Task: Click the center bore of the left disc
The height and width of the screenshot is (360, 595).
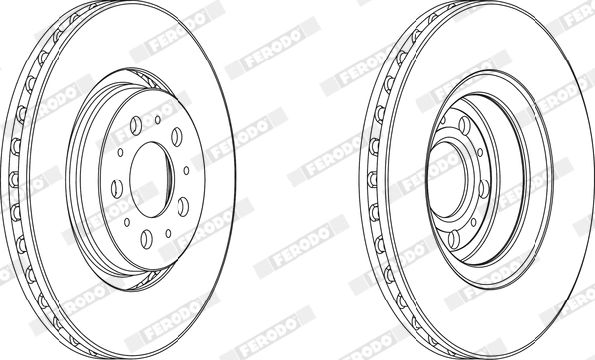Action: click(151, 180)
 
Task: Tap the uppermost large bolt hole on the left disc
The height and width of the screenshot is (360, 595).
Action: click(136, 125)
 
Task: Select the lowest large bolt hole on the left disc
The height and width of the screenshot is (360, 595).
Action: click(146, 239)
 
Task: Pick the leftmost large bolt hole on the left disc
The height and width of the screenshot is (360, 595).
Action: click(117, 188)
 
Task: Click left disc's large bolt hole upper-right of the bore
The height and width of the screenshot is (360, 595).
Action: click(177, 137)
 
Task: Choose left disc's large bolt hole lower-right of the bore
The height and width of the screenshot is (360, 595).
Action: click(183, 206)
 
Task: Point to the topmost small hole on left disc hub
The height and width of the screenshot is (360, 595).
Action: click(157, 120)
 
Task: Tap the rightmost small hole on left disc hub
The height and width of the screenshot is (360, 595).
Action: click(186, 170)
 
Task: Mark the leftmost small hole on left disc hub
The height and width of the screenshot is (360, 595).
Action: click(120, 152)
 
